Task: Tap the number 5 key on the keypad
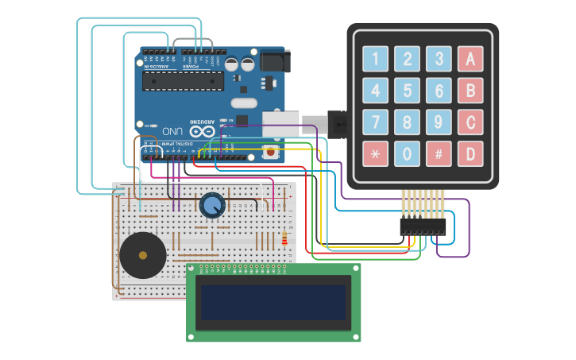click(407, 90)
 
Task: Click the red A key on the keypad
click(470, 58)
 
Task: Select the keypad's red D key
click(470, 153)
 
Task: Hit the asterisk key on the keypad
click(375, 153)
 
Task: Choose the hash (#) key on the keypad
click(439, 153)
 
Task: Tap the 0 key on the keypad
click(407, 153)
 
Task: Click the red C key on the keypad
click(470, 122)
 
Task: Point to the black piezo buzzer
click(143, 255)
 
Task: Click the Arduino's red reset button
click(271, 151)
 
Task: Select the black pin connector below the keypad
click(423, 226)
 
